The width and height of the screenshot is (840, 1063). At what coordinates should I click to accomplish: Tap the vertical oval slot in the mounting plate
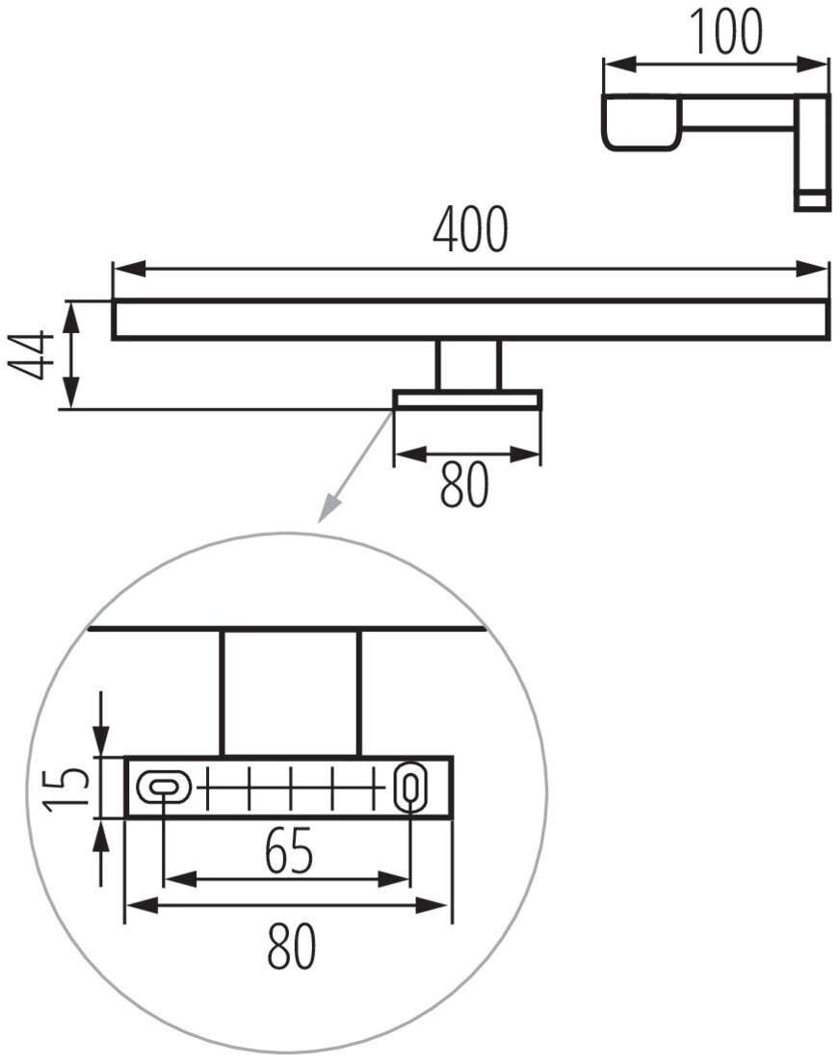(x=409, y=788)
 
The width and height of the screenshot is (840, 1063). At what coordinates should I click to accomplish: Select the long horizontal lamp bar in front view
(x=470, y=320)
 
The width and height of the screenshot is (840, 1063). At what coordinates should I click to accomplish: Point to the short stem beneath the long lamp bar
(x=468, y=365)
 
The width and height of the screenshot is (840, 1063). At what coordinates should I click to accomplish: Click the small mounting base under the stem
(x=467, y=400)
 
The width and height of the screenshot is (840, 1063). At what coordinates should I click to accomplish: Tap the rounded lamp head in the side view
(x=641, y=122)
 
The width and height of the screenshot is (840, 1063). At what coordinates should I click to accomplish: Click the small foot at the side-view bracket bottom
(x=811, y=200)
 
